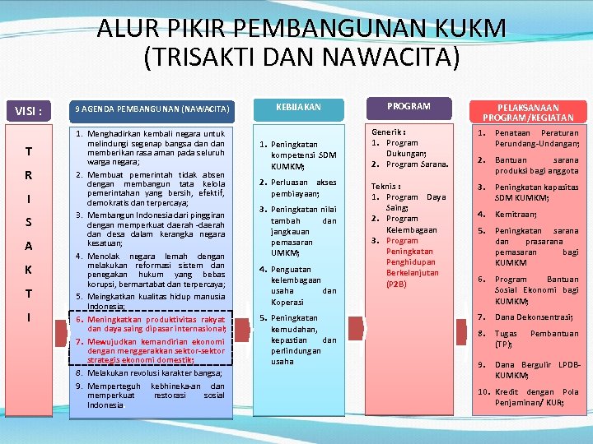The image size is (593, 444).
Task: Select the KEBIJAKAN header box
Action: coord(298,108)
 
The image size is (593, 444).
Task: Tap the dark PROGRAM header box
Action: coord(409,106)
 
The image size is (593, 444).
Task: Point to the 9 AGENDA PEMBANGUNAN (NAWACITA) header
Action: coord(152,109)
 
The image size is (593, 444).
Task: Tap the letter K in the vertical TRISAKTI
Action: coord(28,270)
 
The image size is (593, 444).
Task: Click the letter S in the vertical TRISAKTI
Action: coord(28,222)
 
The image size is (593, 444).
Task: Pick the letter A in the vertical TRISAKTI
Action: coord(28,246)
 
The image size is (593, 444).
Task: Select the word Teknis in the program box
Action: coord(385,186)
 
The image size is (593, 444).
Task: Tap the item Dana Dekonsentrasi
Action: coord(534,317)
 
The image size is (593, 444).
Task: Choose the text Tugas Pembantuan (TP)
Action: coord(536,339)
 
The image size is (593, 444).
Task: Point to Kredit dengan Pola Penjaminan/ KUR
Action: coord(536,397)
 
